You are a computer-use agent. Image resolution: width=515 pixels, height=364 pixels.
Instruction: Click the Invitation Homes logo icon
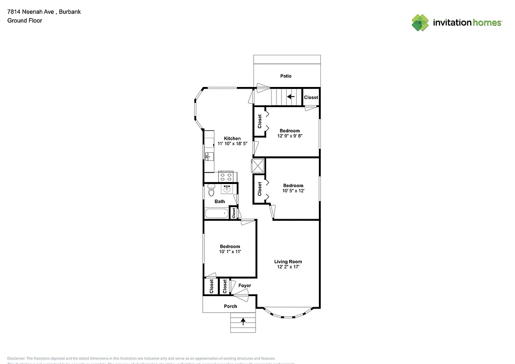coord(420,23)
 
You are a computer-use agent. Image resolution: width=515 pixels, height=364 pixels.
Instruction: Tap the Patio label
coord(286,76)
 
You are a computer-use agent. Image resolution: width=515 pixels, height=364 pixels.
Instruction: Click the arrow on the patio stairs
coord(291,97)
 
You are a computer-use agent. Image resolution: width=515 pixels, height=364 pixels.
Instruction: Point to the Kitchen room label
coord(232,138)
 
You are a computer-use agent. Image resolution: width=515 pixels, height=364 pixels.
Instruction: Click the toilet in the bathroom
coord(211,191)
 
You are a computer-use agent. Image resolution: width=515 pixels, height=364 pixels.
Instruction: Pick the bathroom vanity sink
coord(227,190)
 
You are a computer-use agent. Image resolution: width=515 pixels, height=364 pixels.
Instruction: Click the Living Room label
coord(288,261)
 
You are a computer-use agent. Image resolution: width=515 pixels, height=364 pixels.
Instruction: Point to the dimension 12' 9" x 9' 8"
coord(290,136)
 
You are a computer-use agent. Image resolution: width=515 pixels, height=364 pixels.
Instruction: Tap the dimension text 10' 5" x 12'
coord(293,191)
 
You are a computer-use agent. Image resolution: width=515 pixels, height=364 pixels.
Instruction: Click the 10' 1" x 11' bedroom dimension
coord(230,251)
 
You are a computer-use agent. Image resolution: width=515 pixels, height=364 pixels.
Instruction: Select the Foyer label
coord(244,286)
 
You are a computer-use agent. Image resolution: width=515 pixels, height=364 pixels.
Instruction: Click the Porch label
coord(230,306)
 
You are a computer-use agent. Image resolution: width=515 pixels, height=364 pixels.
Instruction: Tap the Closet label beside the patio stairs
coord(311,97)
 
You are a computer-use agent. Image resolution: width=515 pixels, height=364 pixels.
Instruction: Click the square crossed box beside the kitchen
coord(257,165)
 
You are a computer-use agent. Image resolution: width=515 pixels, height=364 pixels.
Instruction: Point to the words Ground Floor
coord(24,21)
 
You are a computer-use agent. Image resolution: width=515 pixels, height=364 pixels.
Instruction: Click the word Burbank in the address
coord(70,11)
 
